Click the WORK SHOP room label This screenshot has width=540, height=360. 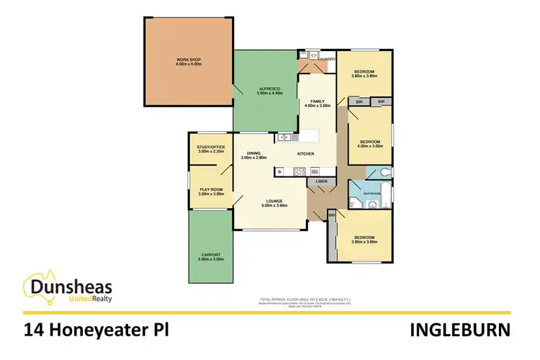point(189,59)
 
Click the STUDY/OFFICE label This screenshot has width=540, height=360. point(211,147)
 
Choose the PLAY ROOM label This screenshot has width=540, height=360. point(211,189)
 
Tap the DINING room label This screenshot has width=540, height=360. point(253,153)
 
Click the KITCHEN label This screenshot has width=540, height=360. point(306,153)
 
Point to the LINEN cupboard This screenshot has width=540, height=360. point(320,182)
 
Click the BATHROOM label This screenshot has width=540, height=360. point(372,194)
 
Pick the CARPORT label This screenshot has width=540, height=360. point(211,254)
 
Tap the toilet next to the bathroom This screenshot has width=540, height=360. point(387,172)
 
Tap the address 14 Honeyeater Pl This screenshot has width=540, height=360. point(99,330)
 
